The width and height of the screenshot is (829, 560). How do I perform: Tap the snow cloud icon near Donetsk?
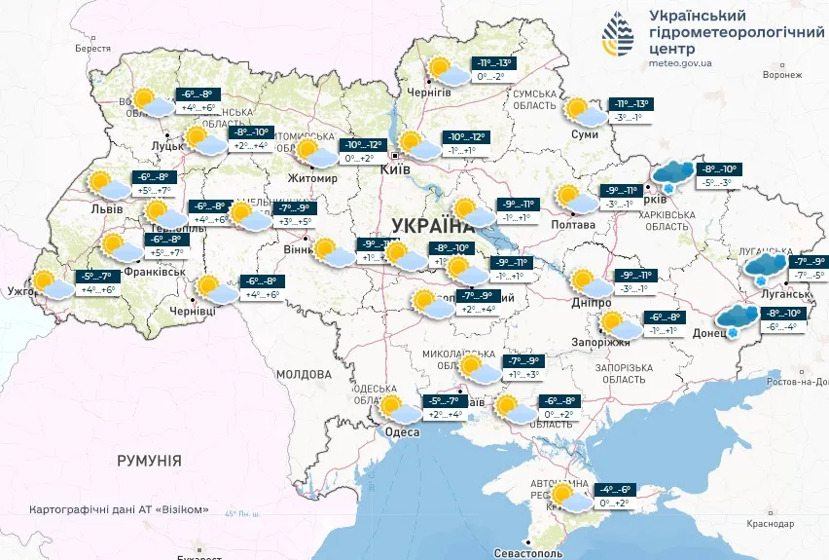pos(739,317)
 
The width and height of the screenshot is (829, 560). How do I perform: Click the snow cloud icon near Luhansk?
pos(769,267)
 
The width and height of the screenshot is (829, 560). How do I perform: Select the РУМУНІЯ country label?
pos(149,460)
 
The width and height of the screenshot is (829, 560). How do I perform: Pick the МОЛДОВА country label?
pos(304,373)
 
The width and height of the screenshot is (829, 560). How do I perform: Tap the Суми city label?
pos(585,133)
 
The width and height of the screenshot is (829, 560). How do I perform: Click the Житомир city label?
pos(312,179)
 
